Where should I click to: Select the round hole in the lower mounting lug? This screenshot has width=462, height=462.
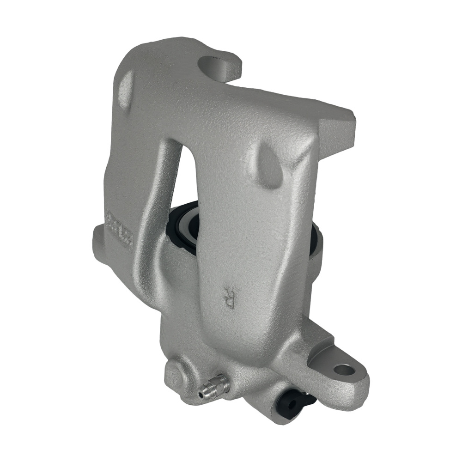[x=344, y=370]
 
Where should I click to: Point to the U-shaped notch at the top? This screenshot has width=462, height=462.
[x=214, y=65]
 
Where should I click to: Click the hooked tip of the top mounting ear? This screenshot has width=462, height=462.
[x=233, y=69]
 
